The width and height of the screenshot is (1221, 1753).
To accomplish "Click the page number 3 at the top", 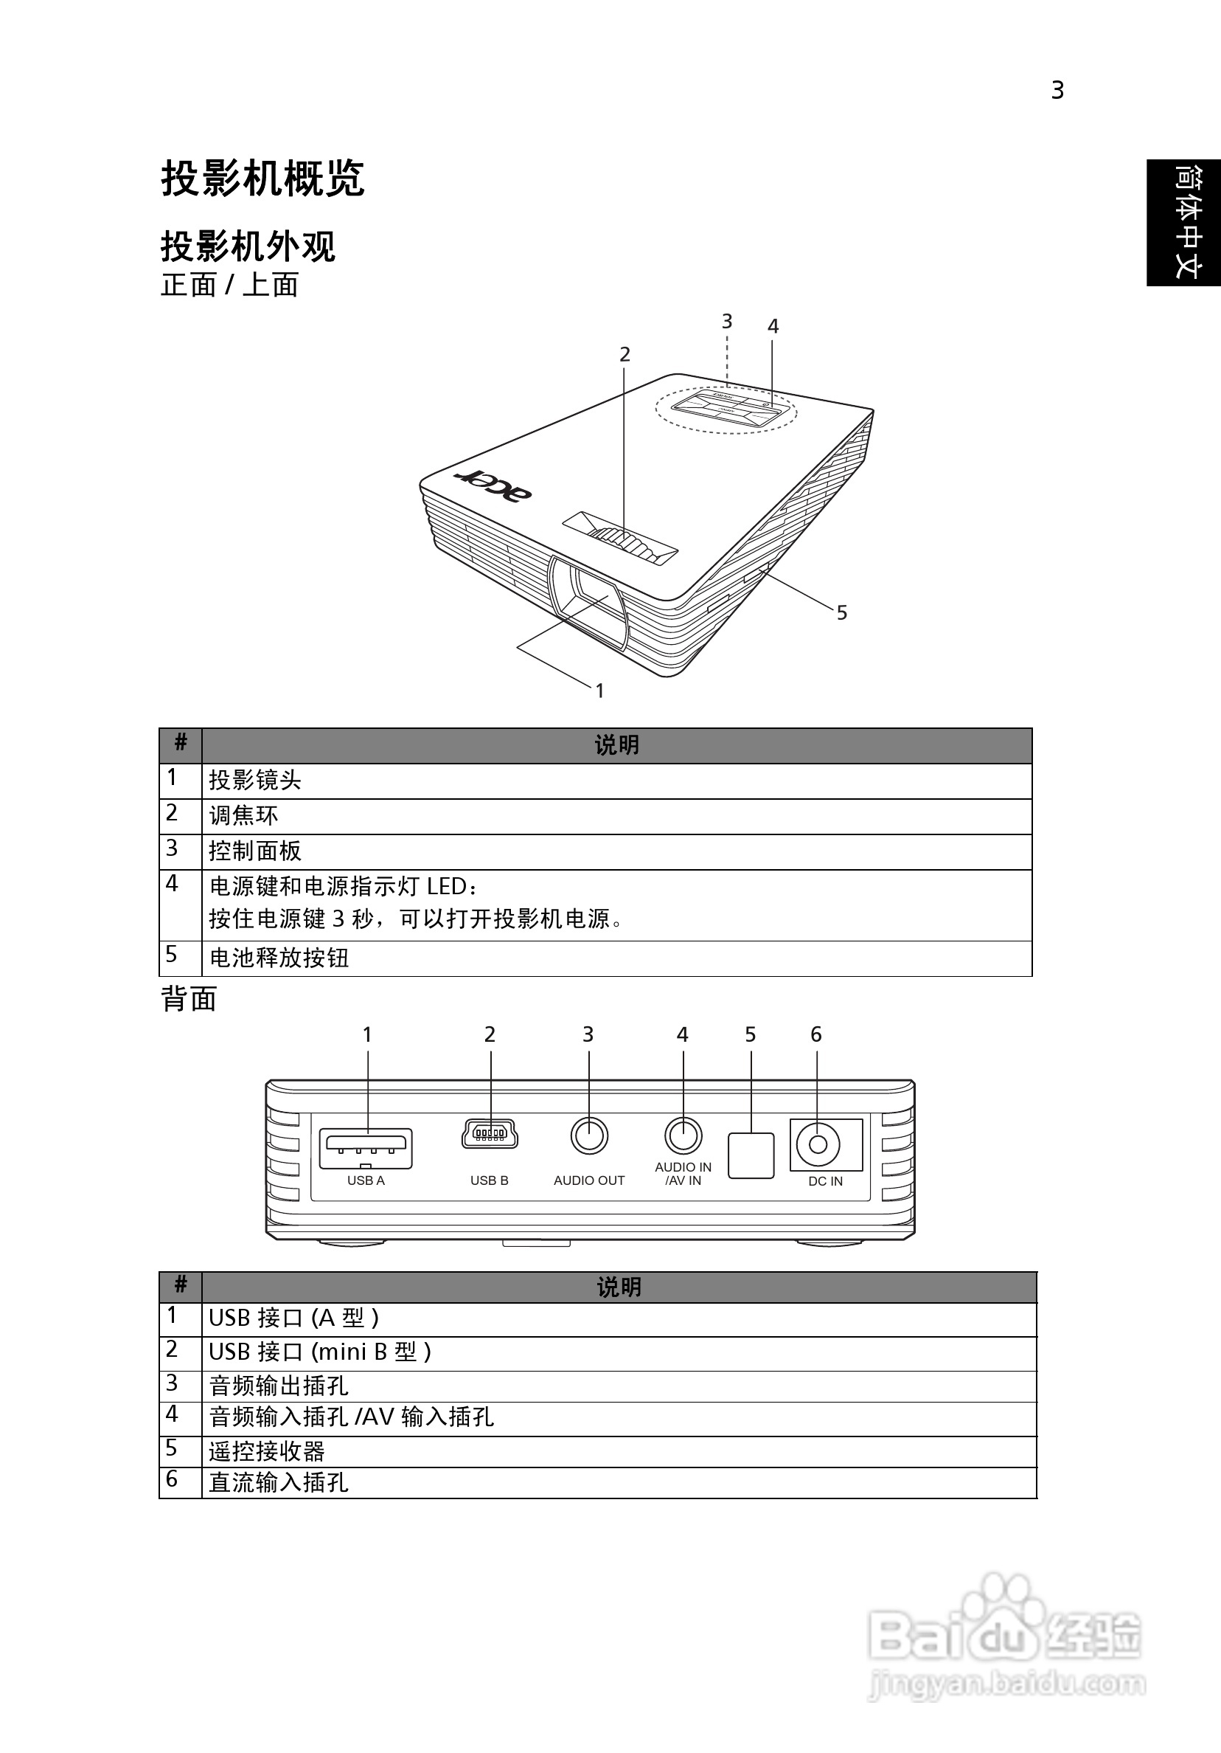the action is coord(1057,91).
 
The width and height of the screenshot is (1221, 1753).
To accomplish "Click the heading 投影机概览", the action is coord(262,179).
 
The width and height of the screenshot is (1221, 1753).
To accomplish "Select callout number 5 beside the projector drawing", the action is coord(842,613).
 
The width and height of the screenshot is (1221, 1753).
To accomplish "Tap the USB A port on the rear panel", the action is coord(366,1148).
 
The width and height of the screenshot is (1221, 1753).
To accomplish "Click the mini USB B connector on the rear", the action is coord(490,1135).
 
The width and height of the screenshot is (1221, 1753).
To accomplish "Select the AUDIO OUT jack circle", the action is coord(589,1136).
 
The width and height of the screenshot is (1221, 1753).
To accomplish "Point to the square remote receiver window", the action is coord(751,1155).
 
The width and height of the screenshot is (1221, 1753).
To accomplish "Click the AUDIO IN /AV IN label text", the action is coord(683,1174).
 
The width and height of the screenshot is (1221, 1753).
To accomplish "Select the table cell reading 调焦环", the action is coord(244,816).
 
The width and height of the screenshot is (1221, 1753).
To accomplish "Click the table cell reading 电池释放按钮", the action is coord(279,958).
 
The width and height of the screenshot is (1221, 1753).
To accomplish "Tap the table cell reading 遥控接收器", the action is coord(267,1451).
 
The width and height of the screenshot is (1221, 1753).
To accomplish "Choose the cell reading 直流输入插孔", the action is coord(279,1483).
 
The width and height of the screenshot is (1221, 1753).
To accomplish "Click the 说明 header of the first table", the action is coord(616,745).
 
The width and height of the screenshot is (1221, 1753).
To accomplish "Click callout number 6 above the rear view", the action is coord(815,1034).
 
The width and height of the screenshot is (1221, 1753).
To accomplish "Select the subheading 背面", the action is coord(189,1000).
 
